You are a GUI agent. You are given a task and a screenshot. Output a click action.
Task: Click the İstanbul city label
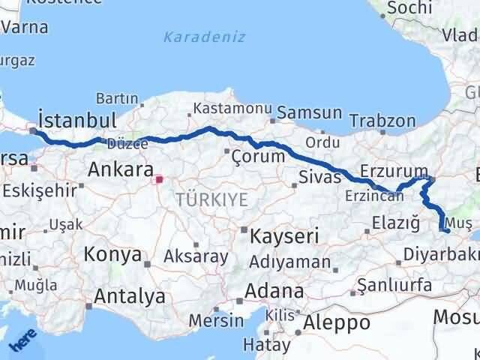[78, 120]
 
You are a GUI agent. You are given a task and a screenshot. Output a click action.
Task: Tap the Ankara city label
[121, 169]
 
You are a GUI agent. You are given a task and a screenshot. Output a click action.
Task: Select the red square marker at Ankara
[159, 179]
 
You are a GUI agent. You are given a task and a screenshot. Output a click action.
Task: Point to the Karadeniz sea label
[205, 37]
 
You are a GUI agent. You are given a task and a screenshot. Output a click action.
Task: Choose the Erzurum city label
[393, 170]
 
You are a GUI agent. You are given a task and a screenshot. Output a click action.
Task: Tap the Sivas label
[319, 178]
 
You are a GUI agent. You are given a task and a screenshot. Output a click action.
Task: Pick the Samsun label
[309, 113]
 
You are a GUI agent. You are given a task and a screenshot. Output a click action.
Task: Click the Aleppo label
[335, 322]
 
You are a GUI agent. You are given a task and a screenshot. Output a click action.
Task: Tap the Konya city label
[113, 254]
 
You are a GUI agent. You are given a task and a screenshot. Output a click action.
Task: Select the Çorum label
[258, 156]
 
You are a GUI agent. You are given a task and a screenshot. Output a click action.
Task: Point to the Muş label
[457, 223]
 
